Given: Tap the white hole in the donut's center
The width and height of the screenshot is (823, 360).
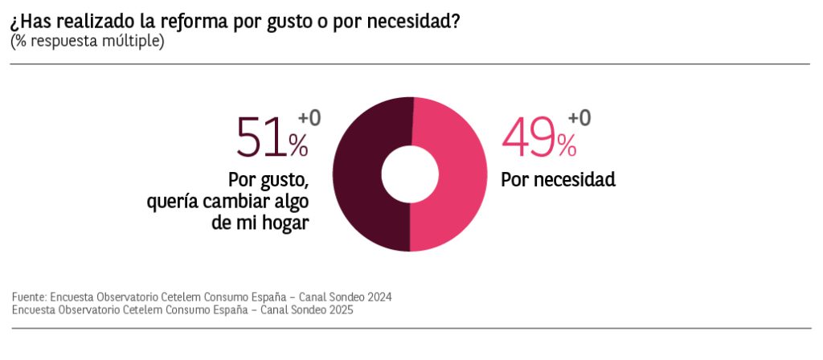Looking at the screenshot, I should click(x=409, y=174).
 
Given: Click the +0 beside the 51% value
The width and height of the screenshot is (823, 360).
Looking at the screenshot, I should click(x=309, y=118).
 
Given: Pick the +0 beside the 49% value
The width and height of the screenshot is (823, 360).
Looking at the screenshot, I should click(x=579, y=118).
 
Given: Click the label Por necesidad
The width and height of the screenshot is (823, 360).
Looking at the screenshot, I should click(x=558, y=179).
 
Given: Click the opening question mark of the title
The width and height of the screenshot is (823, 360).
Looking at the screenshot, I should click(x=14, y=22).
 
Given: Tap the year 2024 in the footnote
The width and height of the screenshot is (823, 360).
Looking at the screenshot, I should click(x=379, y=297).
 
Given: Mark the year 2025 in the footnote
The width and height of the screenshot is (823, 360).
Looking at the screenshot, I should click(x=340, y=309).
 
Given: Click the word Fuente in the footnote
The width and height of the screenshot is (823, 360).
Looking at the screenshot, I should click(x=28, y=297).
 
